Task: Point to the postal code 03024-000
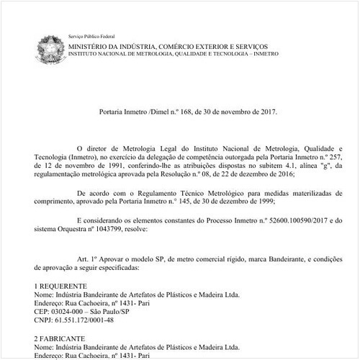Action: click(x=73, y=312)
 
